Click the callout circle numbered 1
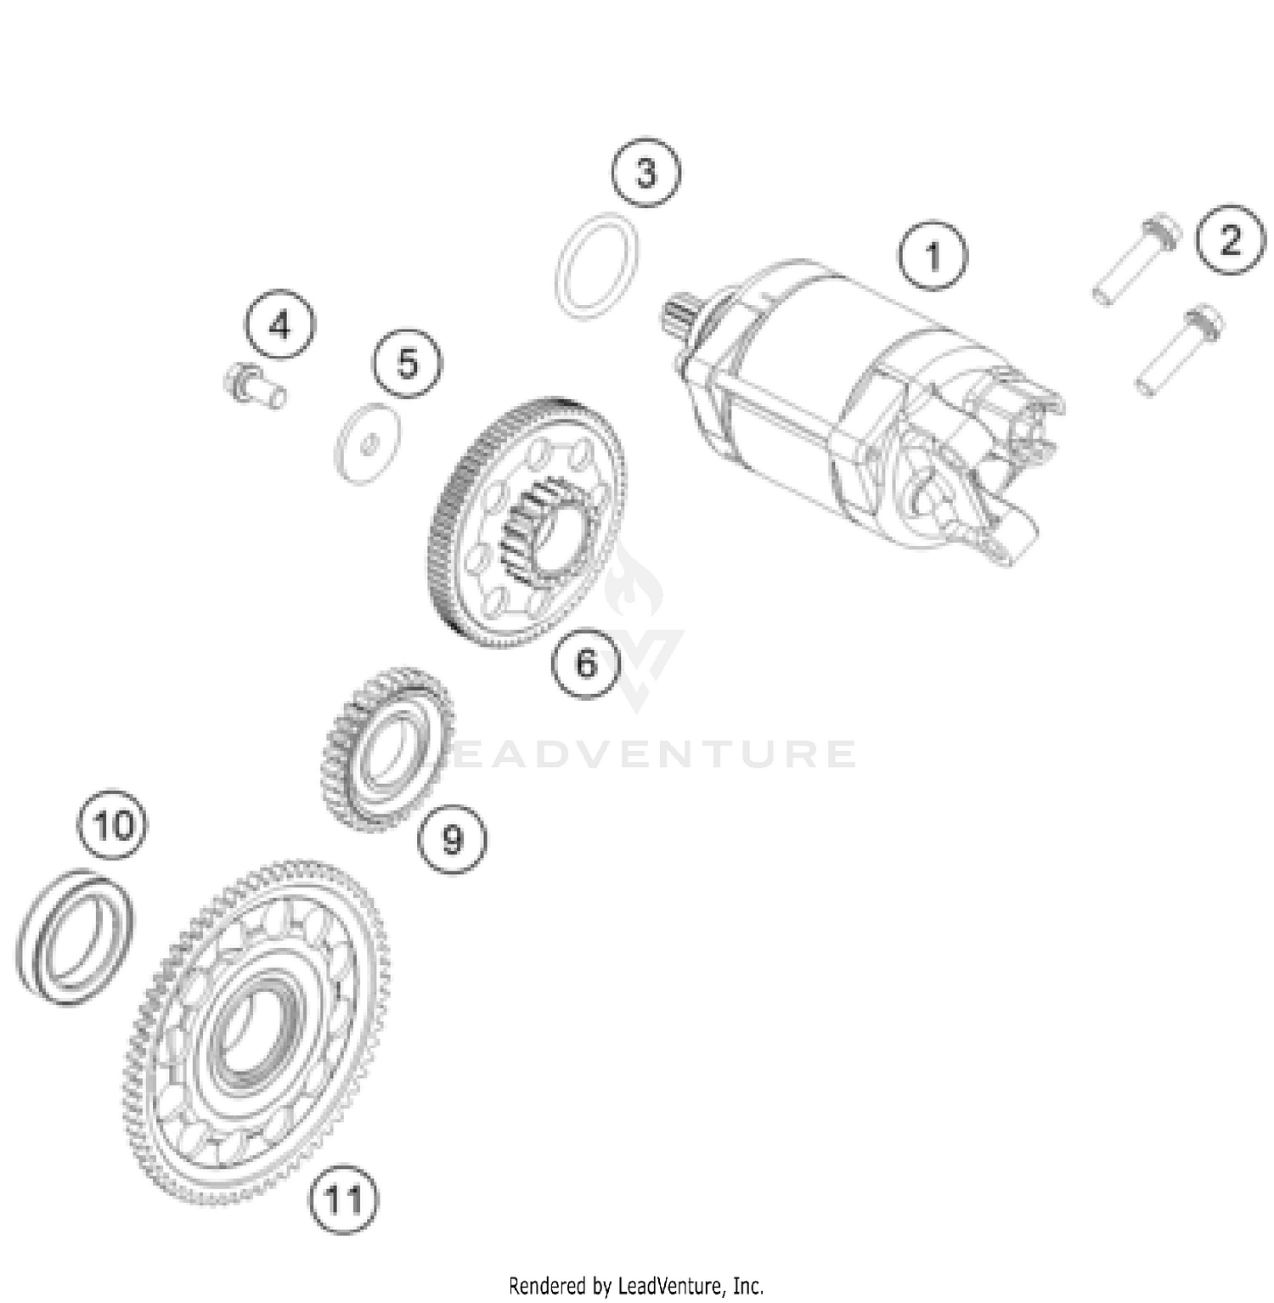(x=933, y=256)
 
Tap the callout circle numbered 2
(x=1230, y=240)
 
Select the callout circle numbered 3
(x=646, y=173)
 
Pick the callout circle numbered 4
(x=280, y=325)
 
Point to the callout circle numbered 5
(x=408, y=364)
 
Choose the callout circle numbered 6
(x=586, y=663)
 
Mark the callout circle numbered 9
(x=453, y=839)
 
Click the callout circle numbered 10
(x=113, y=825)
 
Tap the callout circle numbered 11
(x=344, y=1200)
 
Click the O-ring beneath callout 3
(x=597, y=267)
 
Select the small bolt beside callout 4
(x=254, y=386)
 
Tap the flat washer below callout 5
(x=367, y=443)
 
